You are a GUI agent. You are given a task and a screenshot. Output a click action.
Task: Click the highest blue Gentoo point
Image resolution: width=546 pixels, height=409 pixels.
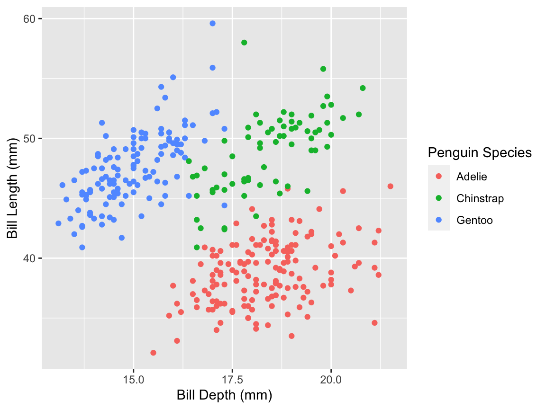(212, 23)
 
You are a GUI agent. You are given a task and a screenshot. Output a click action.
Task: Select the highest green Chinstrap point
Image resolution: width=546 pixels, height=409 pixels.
(244, 43)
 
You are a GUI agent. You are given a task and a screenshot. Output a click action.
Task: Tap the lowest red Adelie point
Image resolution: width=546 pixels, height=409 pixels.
(153, 353)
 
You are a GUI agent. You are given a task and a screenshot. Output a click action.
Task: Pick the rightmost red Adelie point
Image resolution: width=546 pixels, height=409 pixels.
(390, 186)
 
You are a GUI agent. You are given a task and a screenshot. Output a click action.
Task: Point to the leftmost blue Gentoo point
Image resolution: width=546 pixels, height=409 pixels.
(58, 223)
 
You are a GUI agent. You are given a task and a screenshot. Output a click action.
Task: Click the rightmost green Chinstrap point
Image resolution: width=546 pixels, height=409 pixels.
(363, 88)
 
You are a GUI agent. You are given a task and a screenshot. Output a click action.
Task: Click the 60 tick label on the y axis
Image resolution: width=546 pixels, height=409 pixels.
(29, 18)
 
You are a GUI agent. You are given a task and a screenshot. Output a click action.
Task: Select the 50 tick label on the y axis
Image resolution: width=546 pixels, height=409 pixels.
(29, 138)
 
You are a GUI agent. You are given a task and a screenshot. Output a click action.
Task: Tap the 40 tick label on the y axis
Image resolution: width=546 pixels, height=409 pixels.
(29, 258)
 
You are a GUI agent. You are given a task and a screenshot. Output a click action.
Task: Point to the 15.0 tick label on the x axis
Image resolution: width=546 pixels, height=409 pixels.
(134, 380)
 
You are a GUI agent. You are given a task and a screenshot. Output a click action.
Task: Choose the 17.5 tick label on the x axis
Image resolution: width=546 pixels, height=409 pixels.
(232, 380)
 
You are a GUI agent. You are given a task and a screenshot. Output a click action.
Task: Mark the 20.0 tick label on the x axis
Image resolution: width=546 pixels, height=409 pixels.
(331, 380)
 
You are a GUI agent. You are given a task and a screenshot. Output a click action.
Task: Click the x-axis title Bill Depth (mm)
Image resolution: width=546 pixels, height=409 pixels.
(224, 395)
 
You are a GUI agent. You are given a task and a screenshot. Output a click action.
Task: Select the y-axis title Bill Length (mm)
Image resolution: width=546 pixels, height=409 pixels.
(12, 192)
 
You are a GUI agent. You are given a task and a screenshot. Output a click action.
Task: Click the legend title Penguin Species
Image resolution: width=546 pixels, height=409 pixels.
(479, 152)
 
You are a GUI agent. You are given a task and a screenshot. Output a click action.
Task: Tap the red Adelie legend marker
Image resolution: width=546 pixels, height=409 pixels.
(438, 177)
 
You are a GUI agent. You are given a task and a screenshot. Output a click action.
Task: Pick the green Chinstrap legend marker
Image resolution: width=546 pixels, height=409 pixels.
(438, 198)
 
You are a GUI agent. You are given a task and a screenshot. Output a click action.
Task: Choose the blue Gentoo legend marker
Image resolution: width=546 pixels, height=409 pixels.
(438, 220)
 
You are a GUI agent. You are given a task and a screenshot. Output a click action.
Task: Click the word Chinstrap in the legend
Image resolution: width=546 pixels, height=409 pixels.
(480, 198)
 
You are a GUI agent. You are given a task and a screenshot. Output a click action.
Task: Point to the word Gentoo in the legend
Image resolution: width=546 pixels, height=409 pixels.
(474, 220)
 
